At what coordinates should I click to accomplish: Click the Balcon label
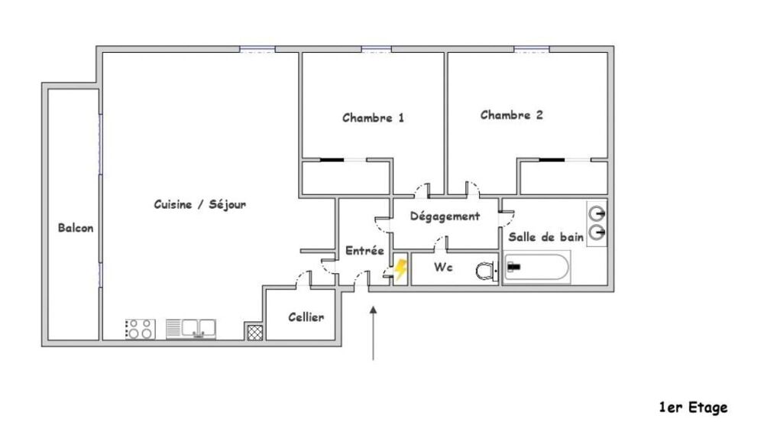coord(76,228)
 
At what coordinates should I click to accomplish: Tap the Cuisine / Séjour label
coord(199,204)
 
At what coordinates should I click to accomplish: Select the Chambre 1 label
coord(373,118)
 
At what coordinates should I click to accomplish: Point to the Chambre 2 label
coord(511,115)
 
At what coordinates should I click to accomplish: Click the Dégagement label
coord(445,216)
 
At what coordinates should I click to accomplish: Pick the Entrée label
coord(364,251)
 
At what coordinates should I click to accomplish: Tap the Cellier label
coord(306,317)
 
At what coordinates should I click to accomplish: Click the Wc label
coord(443,267)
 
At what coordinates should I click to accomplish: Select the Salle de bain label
coord(545,237)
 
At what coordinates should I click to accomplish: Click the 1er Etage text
coord(694,408)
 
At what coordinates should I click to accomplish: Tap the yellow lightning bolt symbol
coord(400,269)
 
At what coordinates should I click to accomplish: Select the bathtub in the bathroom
coord(537,267)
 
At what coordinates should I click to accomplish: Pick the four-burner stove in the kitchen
coord(141,329)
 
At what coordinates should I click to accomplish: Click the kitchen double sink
coord(191,329)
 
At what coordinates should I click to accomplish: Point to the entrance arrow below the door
coord(374,333)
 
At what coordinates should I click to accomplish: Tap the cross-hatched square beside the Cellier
coord(255,333)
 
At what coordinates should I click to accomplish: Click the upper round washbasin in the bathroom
coord(597,213)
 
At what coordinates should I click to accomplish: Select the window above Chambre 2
coord(532,49)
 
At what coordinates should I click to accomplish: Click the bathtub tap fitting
coord(513,267)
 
